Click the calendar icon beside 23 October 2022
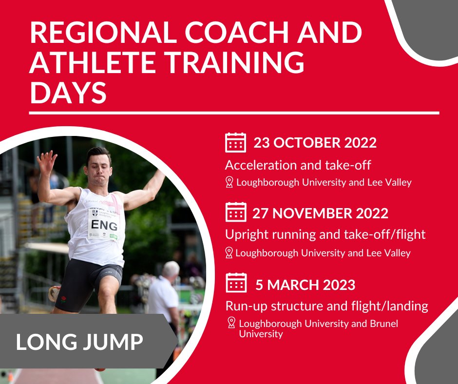tap(236, 142)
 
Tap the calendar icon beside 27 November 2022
tap(236, 212)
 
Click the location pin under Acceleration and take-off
tap(229, 182)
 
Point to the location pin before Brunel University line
tap(231, 323)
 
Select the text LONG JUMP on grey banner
tap(79, 342)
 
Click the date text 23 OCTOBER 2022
tap(315, 143)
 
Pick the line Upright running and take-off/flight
tap(325, 234)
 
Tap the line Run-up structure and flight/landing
tap(326, 306)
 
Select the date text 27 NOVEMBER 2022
tap(320, 213)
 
